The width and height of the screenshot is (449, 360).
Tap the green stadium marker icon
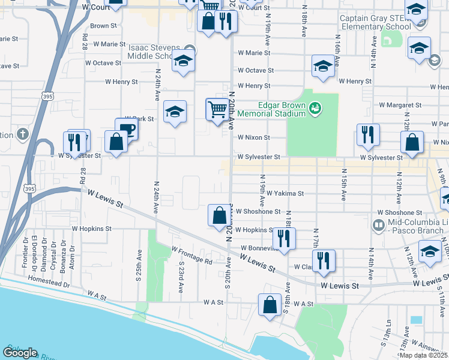(x=315, y=109)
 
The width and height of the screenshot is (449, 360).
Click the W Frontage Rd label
(x=191, y=256)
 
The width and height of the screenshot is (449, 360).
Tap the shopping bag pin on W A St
(x=270, y=304)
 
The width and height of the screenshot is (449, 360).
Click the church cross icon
(x=23, y=134)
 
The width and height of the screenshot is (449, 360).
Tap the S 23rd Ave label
(x=181, y=276)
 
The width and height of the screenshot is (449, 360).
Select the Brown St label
(x=100, y=26)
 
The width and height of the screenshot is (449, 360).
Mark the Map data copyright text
(x=424, y=355)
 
